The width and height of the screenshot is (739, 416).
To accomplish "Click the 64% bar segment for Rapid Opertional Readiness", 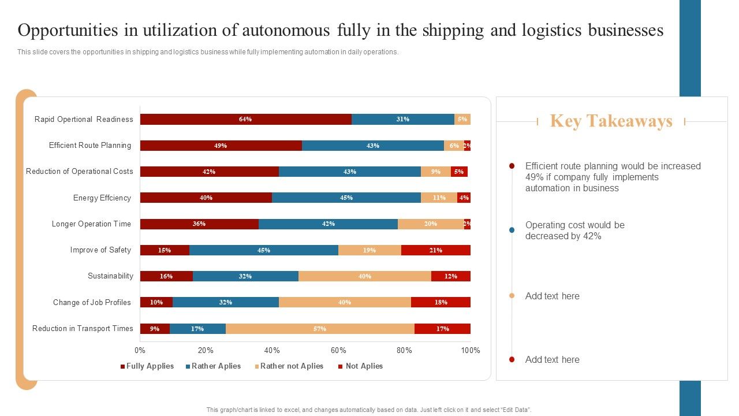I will [x=245, y=120].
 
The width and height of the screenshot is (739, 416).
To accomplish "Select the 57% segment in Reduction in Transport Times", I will [x=320, y=329].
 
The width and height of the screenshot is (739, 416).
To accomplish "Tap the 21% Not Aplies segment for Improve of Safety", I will [x=435, y=250].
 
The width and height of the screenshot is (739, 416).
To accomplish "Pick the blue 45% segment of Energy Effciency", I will [x=346, y=198].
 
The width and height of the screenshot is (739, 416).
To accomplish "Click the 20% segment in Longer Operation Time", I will [x=431, y=224].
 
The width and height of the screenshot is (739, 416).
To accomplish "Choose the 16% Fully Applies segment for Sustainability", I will [x=166, y=276].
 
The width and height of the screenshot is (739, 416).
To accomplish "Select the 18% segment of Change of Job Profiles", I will [x=441, y=302].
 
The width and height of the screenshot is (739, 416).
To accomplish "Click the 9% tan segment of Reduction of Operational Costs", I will [x=436, y=172].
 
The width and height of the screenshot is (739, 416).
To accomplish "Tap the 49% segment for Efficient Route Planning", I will [x=221, y=146].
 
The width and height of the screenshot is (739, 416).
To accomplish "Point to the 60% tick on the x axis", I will [x=338, y=350].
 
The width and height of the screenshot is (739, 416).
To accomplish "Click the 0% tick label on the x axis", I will [x=140, y=350].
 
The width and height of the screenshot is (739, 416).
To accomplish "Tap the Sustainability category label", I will [x=110, y=276].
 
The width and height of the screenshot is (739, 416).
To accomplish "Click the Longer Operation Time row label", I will [x=91, y=224].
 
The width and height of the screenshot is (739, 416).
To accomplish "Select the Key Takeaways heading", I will [x=611, y=121].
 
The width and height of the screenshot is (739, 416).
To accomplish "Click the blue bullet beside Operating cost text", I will [x=512, y=230].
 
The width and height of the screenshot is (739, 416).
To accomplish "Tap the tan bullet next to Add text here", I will [x=512, y=296].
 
